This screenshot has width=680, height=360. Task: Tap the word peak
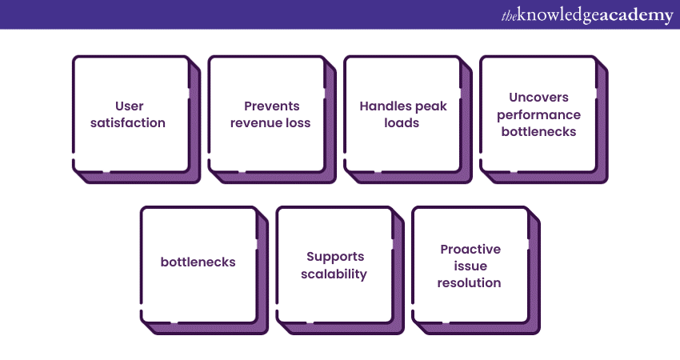431,106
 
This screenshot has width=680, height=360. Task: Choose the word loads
402,123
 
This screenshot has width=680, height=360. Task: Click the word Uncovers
538,97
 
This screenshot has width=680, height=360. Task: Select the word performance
538,114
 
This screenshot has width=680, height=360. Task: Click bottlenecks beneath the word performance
538,132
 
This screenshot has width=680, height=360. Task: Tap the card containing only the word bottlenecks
198,262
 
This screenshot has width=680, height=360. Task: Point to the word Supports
334,257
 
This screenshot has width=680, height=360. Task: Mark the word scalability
334,274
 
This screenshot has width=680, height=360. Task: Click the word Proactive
470,249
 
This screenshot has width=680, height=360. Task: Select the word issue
470,266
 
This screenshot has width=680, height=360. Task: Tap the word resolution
470,283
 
